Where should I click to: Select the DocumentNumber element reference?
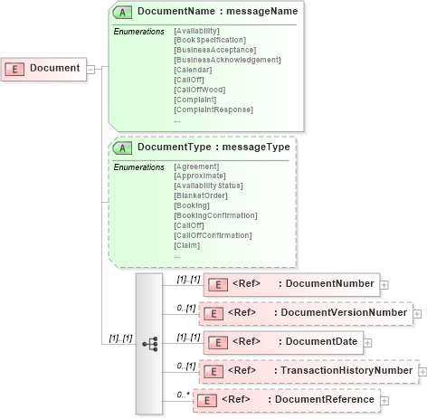pyautogui.click(x=289, y=284)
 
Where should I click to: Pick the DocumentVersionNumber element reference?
pyautogui.click(x=306, y=313)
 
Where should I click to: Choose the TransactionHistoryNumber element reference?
pyautogui.click(x=308, y=371)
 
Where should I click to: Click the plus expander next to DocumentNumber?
pyautogui.click(x=384, y=284)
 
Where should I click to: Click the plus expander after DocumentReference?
pyautogui.click(x=385, y=400)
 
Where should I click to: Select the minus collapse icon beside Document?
pyautogui.click(x=90, y=69)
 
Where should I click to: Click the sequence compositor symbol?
pyautogui.click(x=150, y=342)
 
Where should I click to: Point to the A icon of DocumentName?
pyautogui.click(x=123, y=12)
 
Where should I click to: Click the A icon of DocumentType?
pyautogui.click(x=123, y=148)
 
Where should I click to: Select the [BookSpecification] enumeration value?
pyautogui.click(x=209, y=41)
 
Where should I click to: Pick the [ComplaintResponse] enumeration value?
pyautogui.click(x=213, y=110)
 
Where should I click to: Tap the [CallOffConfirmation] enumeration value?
pyautogui.click(x=213, y=235)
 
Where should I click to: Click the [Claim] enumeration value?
pyautogui.click(x=186, y=245)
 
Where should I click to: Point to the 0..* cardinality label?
pyautogui.click(x=184, y=394)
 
